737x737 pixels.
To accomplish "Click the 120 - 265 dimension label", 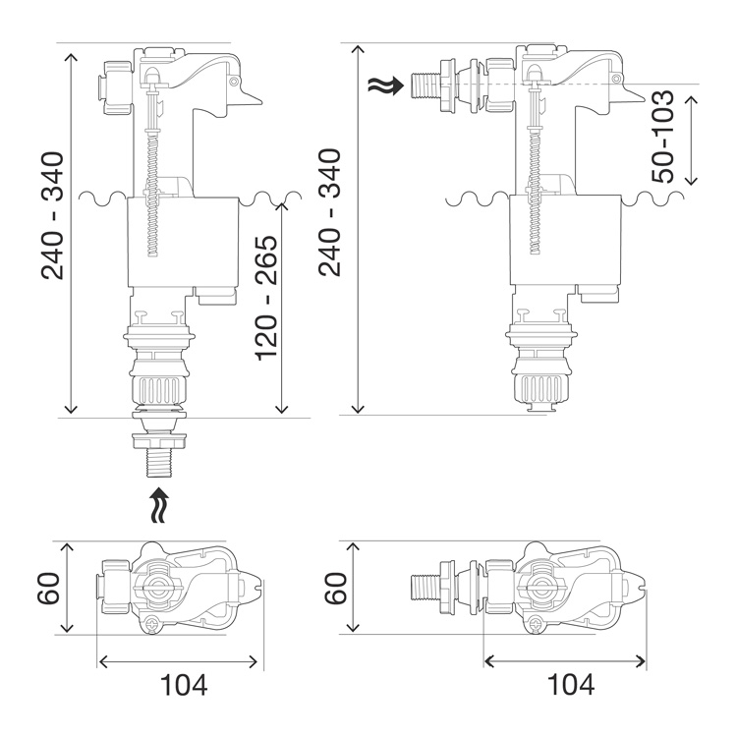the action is point(266,298).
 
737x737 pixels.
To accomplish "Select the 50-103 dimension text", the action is point(662,137).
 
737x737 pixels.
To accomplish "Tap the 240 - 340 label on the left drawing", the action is point(52,216).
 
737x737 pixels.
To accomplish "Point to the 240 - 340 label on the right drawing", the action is point(329,212).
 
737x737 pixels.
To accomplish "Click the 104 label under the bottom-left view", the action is point(184,684).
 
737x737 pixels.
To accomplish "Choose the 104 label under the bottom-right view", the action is point(571,684).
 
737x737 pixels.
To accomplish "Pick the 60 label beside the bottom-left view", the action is point(48,588).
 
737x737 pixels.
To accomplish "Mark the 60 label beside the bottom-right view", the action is point(336,588).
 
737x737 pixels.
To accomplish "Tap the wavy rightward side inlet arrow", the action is point(385,85).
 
